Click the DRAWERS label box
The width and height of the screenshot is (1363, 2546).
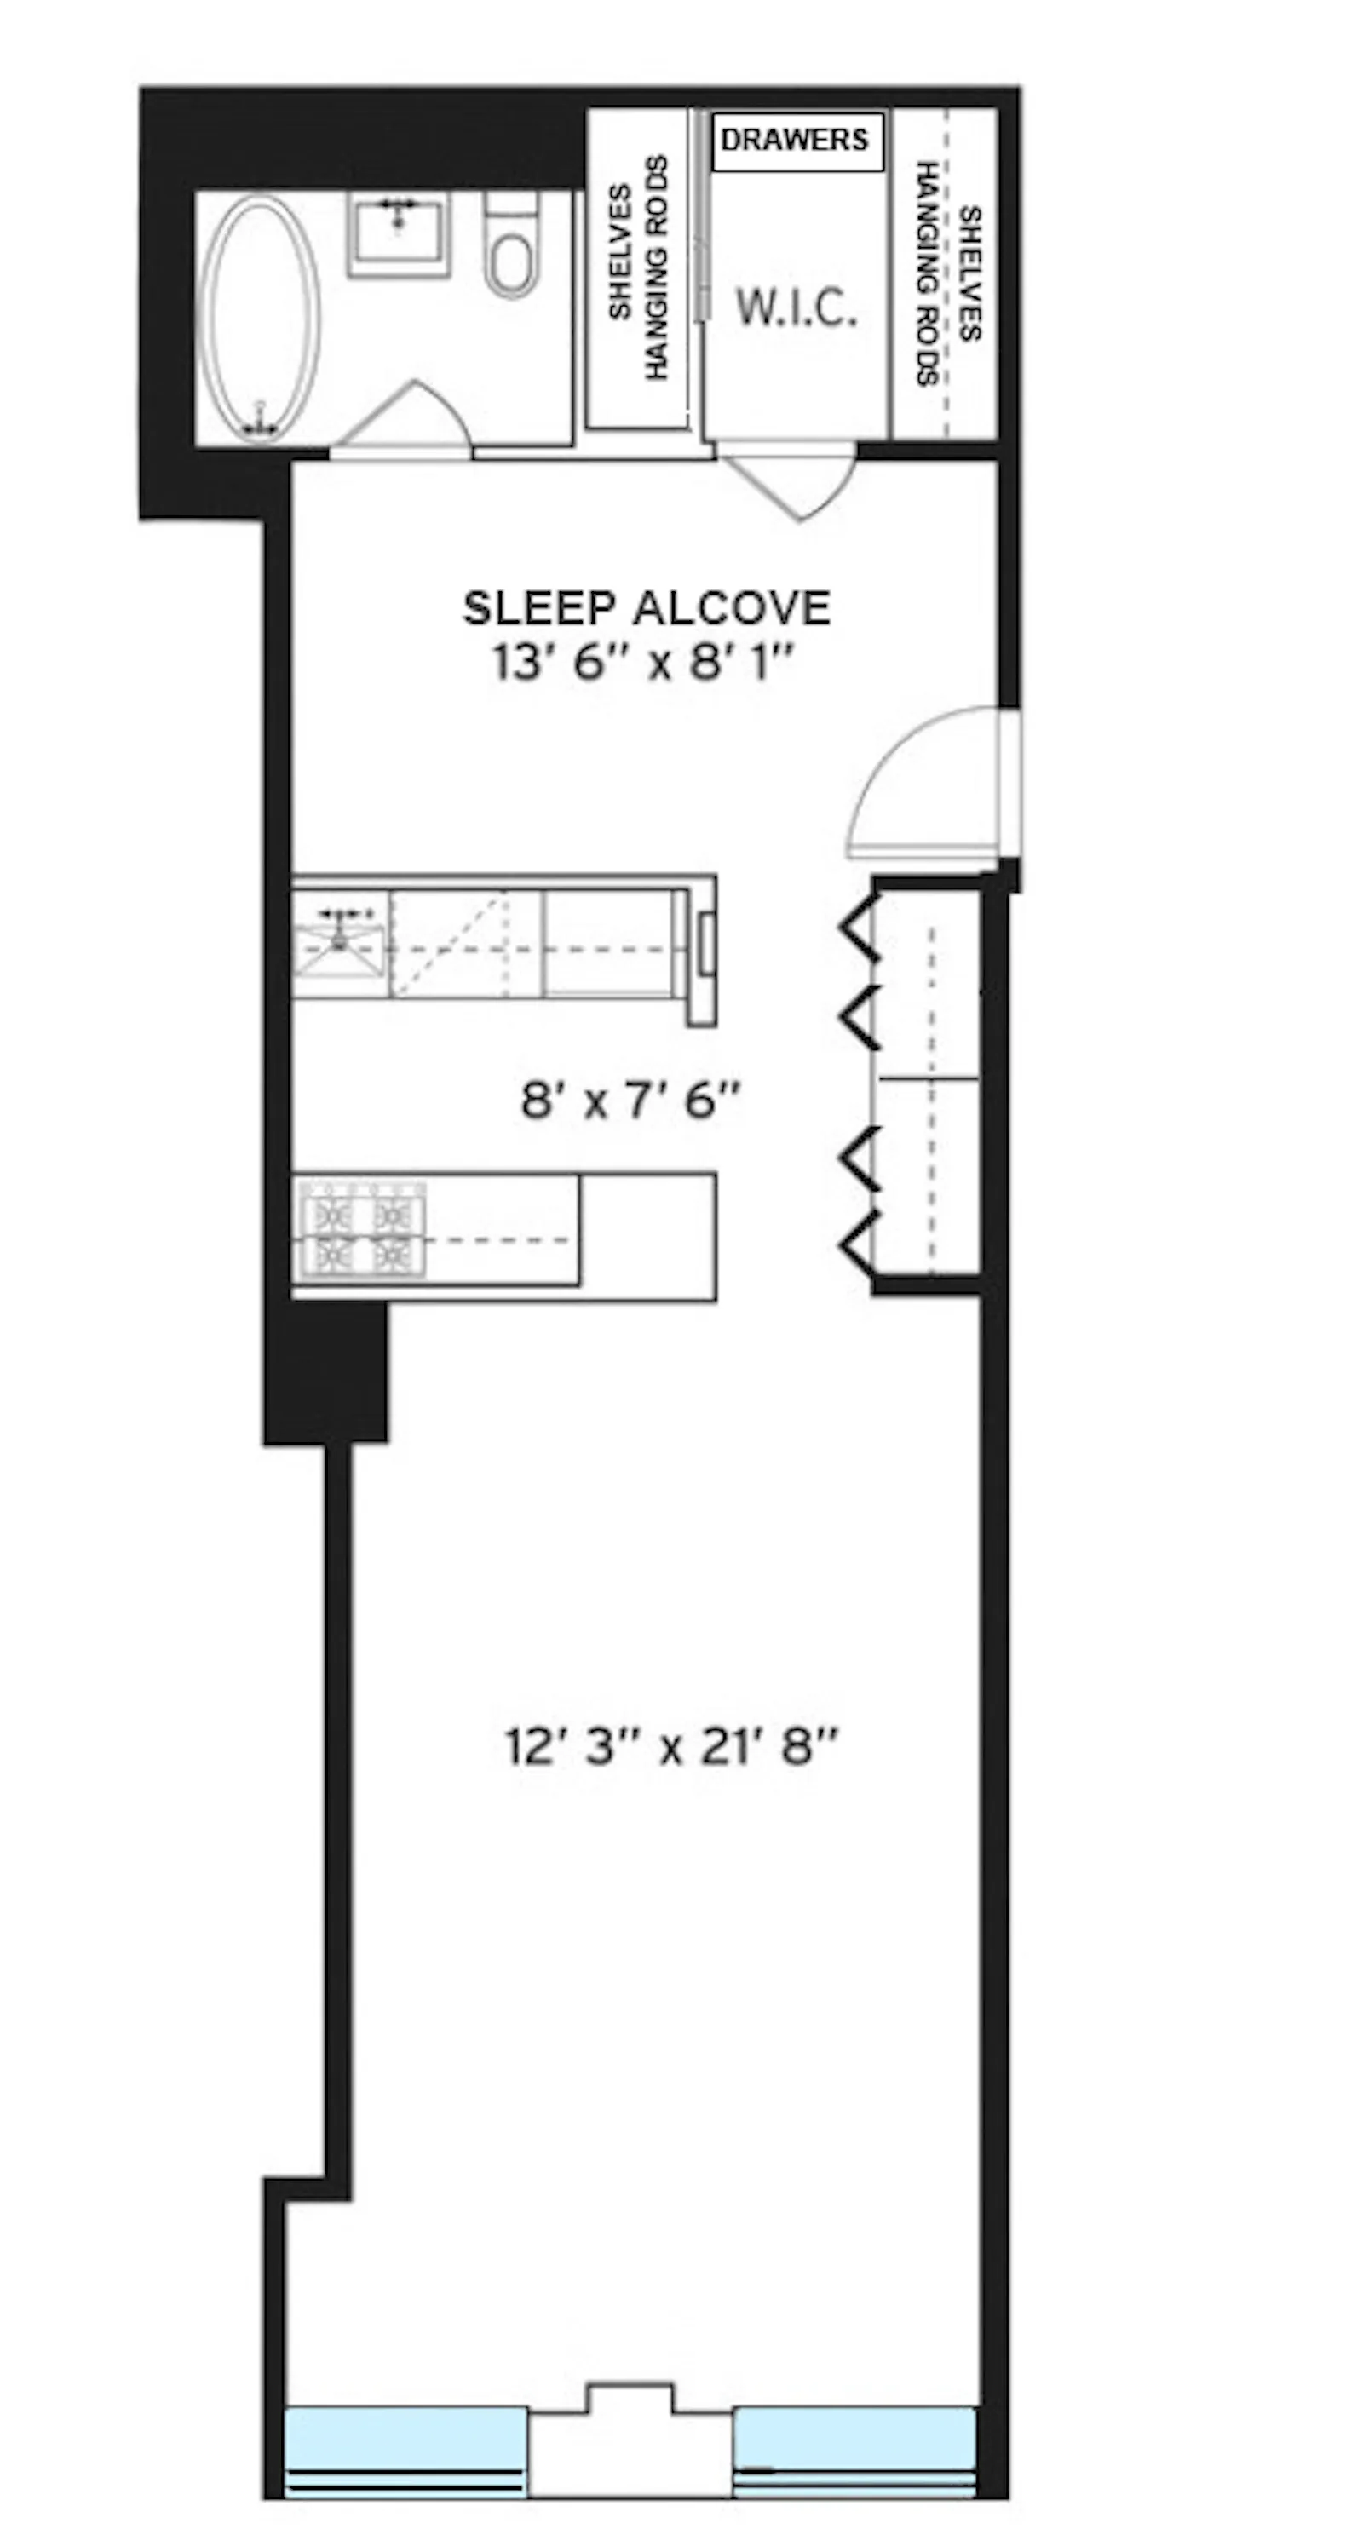coord(796,141)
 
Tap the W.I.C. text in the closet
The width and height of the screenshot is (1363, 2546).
coord(796,309)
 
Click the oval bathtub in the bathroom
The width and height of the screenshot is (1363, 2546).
coord(260,319)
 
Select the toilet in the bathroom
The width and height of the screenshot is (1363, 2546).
coord(512,249)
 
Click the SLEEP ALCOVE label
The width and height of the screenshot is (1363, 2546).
coord(647,608)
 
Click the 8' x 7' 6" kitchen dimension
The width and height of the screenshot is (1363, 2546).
coord(630,1100)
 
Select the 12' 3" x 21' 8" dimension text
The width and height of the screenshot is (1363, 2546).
coord(671,1746)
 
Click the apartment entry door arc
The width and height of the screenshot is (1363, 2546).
coord(924,790)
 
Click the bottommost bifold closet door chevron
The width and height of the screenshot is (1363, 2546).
coord(858,1244)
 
